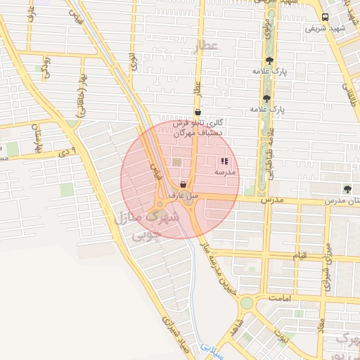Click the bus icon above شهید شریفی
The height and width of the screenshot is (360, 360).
click(325, 17)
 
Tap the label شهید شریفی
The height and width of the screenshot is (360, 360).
click(324, 29)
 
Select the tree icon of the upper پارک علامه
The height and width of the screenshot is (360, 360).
click(269, 60)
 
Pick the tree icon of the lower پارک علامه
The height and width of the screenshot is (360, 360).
click(266, 98)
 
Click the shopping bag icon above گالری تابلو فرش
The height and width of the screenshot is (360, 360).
click(198, 112)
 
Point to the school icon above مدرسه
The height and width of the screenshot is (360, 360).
click(224, 162)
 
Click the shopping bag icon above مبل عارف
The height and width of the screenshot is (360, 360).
click(184, 185)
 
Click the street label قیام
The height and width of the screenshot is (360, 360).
click(300, 257)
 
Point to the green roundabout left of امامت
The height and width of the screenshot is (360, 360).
click(247, 303)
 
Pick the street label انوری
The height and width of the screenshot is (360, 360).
click(134, 59)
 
